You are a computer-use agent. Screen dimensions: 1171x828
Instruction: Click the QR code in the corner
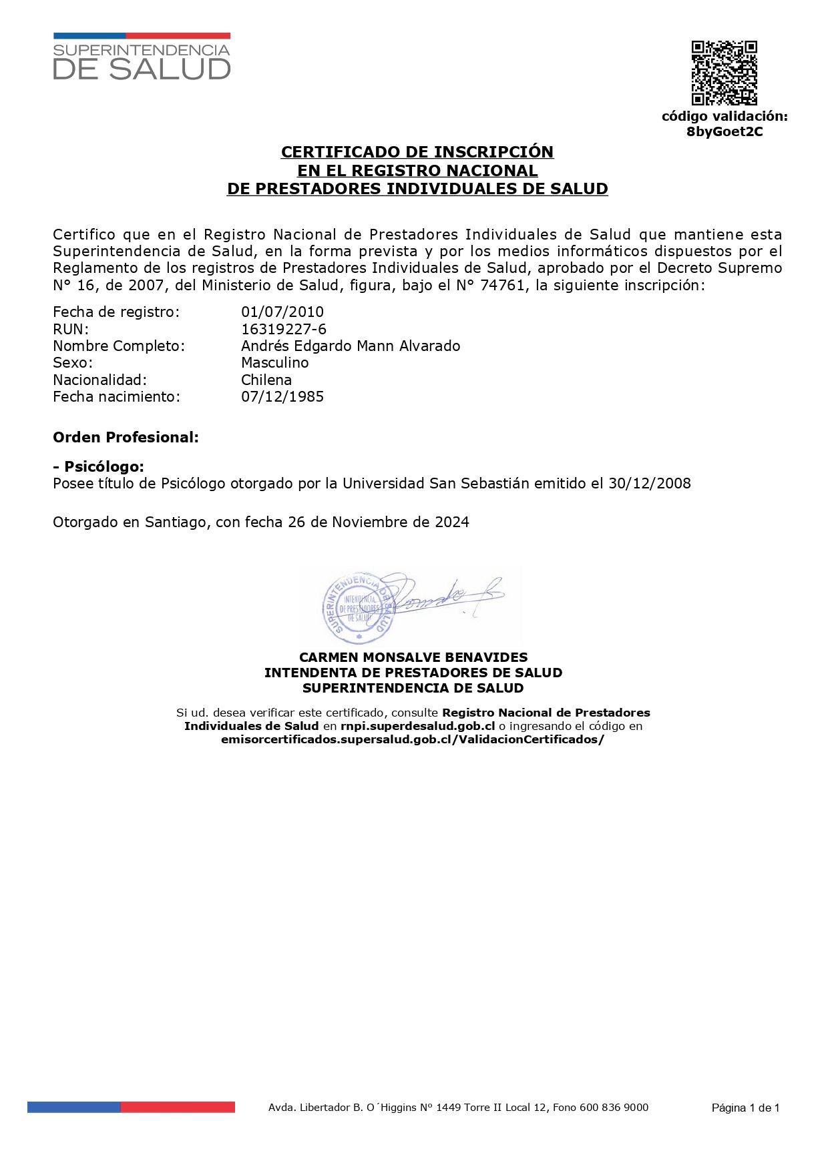[x=724, y=73]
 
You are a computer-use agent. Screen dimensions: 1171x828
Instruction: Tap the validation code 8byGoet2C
[x=724, y=131]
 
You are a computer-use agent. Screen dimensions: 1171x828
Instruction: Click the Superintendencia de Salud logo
[x=142, y=57]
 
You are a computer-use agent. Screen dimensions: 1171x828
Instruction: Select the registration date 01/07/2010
[x=282, y=312]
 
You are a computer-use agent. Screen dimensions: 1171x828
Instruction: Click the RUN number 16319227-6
[x=284, y=329]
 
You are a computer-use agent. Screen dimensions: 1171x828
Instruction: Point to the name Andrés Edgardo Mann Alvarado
[x=351, y=346]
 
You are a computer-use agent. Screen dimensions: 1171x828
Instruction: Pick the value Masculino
[x=275, y=362]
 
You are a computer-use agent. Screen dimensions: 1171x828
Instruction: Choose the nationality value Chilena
[x=266, y=380]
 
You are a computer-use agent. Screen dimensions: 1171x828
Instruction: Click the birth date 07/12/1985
[x=282, y=396]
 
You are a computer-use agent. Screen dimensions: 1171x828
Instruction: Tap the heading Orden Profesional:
[x=126, y=437]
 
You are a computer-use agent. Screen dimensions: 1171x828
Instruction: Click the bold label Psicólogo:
[x=103, y=466]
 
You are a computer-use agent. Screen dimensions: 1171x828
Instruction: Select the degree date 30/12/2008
[x=650, y=483]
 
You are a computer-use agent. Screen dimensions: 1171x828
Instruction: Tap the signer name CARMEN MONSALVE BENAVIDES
[x=413, y=657]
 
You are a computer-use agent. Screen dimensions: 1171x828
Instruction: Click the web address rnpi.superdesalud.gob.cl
[x=417, y=726]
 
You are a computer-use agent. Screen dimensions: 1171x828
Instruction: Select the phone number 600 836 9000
[x=614, y=1108]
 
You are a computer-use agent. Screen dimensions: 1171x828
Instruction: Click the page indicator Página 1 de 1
[x=745, y=1108]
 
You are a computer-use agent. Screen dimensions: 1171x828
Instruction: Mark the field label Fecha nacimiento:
[x=116, y=396]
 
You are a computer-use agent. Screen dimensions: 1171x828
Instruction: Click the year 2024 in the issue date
[x=452, y=522]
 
